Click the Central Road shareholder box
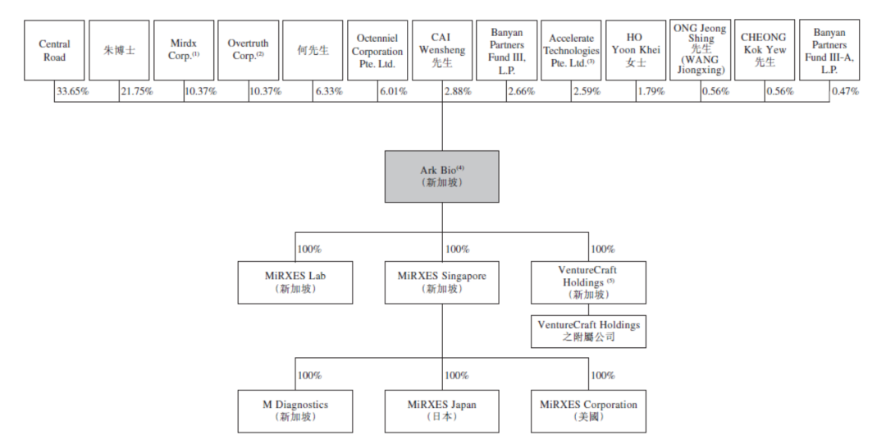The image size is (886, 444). (54, 50)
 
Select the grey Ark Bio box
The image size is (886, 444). (442, 176)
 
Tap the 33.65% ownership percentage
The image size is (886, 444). (71, 91)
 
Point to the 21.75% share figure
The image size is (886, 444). (136, 91)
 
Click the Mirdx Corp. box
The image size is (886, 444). (184, 50)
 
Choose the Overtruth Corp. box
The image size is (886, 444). (248, 50)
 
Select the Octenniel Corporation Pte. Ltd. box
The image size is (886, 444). (377, 50)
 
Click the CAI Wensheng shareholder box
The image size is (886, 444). (442, 50)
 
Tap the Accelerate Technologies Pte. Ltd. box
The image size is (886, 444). (571, 50)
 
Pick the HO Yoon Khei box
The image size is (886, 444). (636, 50)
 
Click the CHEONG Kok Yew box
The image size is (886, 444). (765, 50)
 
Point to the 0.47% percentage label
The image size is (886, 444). (845, 91)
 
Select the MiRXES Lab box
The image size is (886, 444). (295, 282)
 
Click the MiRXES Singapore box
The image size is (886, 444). (442, 282)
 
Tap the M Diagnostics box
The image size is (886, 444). (295, 411)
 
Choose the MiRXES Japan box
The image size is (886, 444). (442, 411)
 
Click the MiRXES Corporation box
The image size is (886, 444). (588, 411)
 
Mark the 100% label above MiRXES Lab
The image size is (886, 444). (309, 249)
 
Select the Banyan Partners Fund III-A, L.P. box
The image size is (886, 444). (829, 50)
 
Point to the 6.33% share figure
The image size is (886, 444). (330, 91)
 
